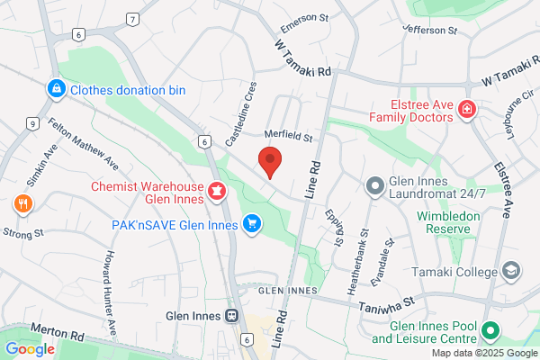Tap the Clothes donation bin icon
57,89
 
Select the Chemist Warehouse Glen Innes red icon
216,191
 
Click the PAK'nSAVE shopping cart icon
253,224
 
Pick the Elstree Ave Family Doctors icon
467,110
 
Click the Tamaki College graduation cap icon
511,271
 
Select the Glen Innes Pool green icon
491,332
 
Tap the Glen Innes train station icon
231,316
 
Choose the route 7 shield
132,19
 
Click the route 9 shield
32,123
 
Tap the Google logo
30,348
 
